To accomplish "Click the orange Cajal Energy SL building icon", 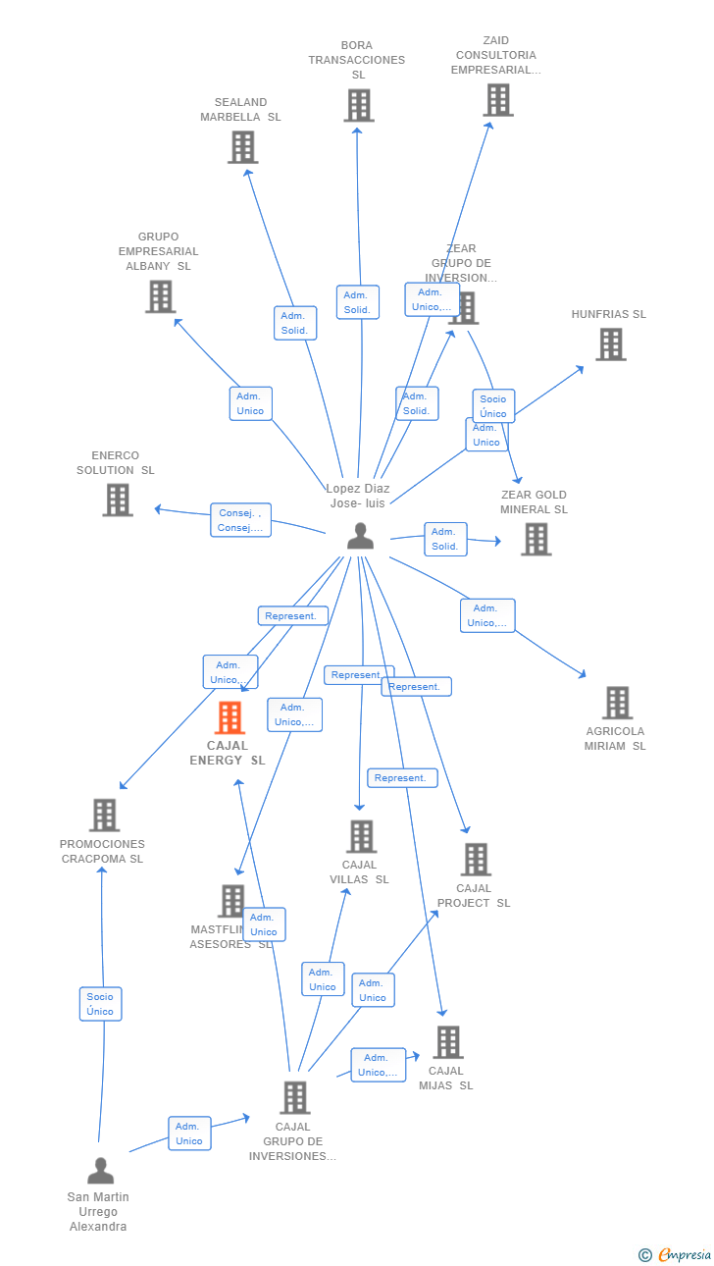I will coord(229,718).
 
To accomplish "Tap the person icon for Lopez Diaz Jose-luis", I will coord(361,536).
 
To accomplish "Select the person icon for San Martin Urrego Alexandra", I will coord(100,1171).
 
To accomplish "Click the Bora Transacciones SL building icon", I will coord(359,106).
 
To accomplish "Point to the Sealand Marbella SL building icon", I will coord(242,147).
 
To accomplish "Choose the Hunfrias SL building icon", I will coord(610,344).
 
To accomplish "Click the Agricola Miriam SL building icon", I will coord(617,703).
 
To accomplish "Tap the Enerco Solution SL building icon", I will coord(118,500).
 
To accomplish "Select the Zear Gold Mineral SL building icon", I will coord(535,539).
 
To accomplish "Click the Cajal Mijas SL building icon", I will coord(447,1042).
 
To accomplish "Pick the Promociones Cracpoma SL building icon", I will coord(104,816).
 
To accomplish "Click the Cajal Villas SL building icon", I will coord(361,836).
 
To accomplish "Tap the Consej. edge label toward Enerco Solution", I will coord(240,520).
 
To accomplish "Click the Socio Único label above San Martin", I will coord(100,1004).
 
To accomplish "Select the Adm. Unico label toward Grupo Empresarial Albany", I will coord(250,403).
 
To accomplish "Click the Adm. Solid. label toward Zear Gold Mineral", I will coord(445,539).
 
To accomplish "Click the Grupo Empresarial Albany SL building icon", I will coord(160,296).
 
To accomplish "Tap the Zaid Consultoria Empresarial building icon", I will coord(497,100).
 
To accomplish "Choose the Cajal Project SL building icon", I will coord(476,860).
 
